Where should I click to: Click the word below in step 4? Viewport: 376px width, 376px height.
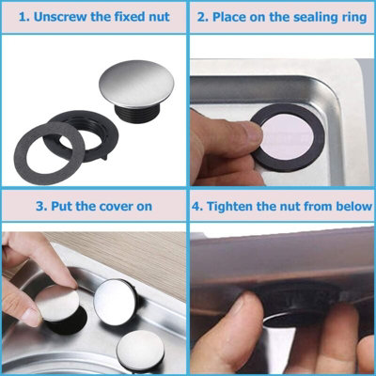click(x=346, y=205)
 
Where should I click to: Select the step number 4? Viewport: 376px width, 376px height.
click(x=197, y=205)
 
